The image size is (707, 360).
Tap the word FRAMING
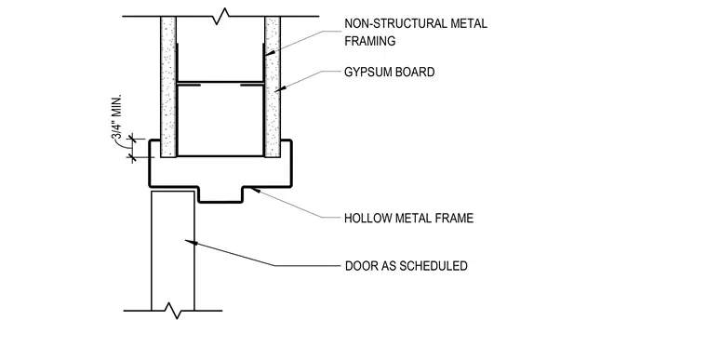click(370, 41)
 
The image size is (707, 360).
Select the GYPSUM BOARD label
click(390, 73)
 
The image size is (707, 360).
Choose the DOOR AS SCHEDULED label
click(407, 266)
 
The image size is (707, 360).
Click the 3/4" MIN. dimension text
click(117, 117)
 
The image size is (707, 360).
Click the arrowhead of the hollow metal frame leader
click(255, 191)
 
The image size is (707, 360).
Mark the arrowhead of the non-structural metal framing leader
click(270, 52)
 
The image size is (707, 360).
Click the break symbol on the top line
click(221, 16)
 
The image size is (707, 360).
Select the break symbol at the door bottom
click(172, 311)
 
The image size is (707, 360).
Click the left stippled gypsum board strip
click(168, 87)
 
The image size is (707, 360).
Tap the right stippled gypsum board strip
click(273, 87)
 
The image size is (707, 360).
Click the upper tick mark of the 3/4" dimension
click(132, 139)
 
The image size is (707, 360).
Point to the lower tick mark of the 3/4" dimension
click(132, 157)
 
